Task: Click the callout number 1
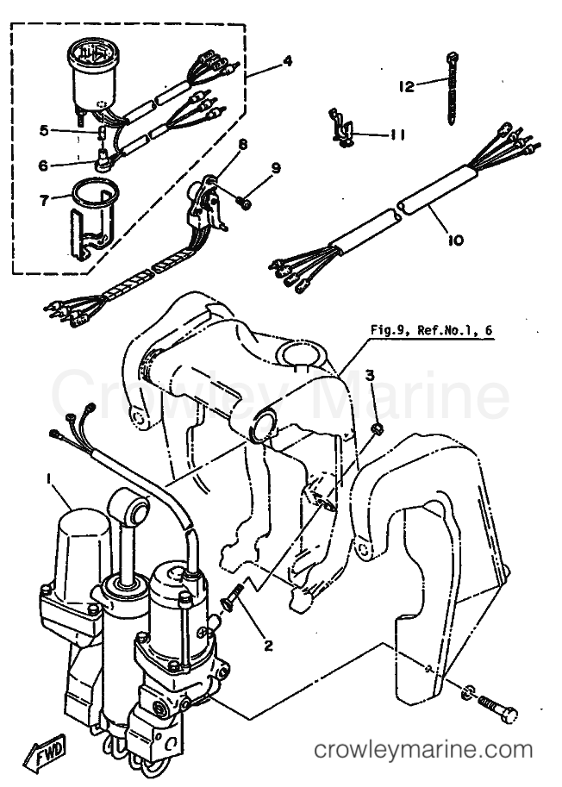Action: tap(51, 477)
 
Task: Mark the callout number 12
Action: tap(406, 86)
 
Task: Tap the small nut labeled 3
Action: tap(377, 428)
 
